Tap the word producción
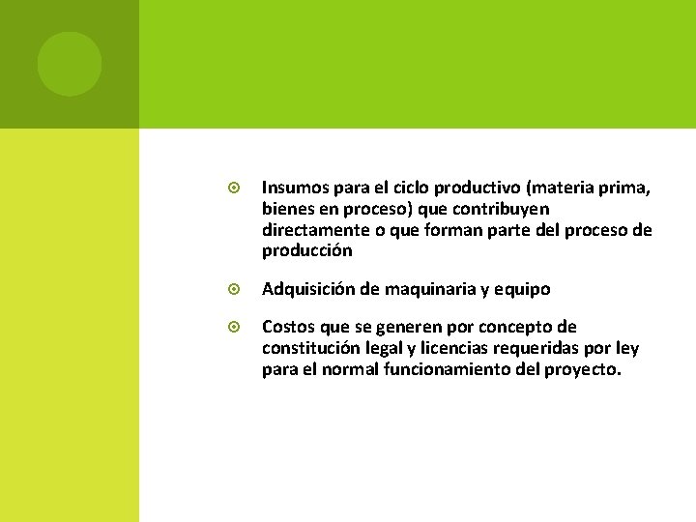pyautogui.click(x=306, y=251)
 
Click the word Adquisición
pyautogui.click(x=307, y=289)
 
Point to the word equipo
pyautogui.click(x=523, y=289)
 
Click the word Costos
pyautogui.click(x=288, y=327)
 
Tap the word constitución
pyautogui.click(x=308, y=348)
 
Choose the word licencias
pyautogui.click(x=454, y=348)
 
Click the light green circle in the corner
pyautogui.click(x=70, y=64)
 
